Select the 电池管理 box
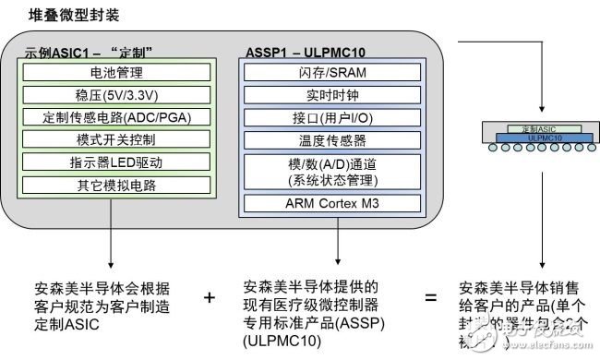115,72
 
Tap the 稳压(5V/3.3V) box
115,94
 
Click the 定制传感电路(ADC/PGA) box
115,117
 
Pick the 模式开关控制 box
115,139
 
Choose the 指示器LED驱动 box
115,162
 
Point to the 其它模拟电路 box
115,184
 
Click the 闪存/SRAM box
332,72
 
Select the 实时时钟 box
332,95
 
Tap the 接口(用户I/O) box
332,118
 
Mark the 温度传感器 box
332,142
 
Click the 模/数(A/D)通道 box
332,172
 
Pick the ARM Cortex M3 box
332,203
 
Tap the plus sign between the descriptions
210,297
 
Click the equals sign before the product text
430,297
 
